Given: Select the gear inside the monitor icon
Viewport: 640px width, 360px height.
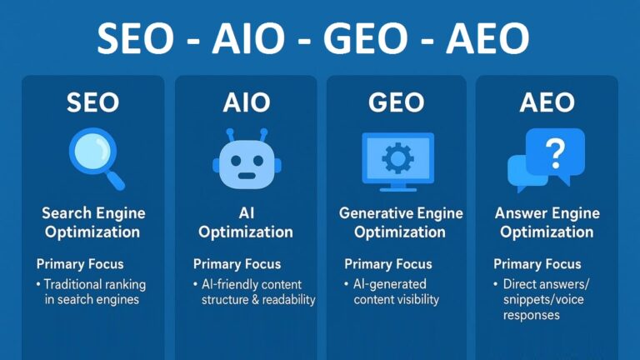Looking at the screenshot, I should pyautogui.click(x=396, y=157).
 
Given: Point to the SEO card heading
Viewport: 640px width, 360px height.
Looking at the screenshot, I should pyautogui.click(x=92, y=102).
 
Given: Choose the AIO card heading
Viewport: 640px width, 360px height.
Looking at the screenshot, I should pyautogui.click(x=246, y=102).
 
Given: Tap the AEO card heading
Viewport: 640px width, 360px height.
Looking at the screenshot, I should pyautogui.click(x=547, y=102).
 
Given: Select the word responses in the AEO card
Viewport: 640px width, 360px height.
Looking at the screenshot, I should pyautogui.click(x=531, y=316).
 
